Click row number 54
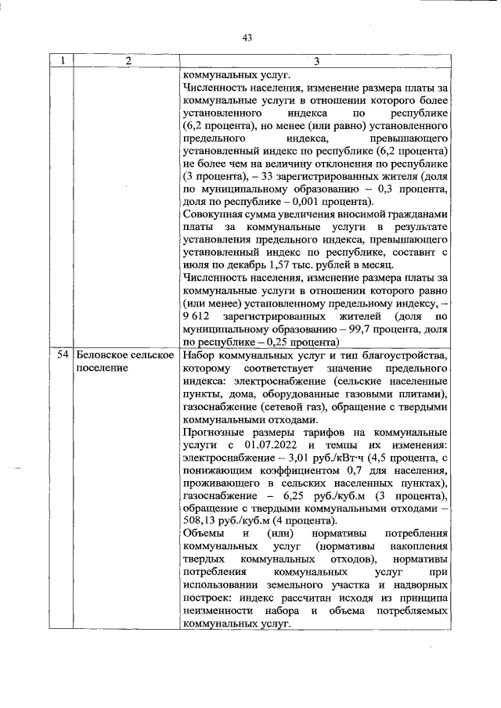click(x=63, y=356)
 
